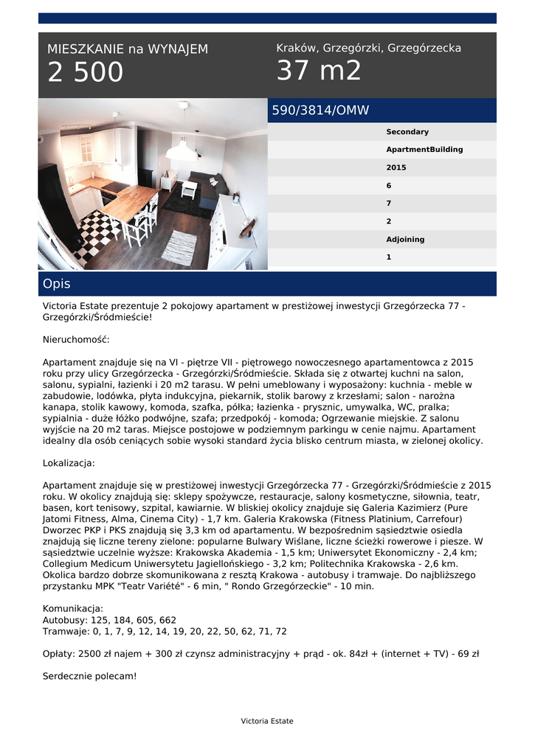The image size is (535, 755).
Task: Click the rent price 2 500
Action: [86, 73]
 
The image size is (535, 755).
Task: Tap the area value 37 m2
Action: [319, 71]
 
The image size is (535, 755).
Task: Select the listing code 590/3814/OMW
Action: [320, 111]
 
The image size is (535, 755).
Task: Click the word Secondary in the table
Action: [407, 132]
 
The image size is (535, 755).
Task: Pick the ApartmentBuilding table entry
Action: [424, 150]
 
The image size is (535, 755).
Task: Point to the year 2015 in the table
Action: [396, 167]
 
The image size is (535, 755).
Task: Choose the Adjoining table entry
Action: [405, 240]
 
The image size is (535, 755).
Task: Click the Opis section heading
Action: [57, 284]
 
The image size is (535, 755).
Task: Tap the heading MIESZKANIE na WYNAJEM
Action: [128, 49]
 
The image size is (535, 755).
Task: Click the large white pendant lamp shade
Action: [182, 151]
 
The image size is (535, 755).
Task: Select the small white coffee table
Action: [189, 188]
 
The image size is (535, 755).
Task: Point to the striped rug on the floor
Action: [179, 246]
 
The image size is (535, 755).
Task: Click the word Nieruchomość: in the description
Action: [76, 340]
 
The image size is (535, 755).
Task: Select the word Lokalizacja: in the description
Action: [69, 464]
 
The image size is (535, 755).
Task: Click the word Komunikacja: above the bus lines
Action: [72, 608]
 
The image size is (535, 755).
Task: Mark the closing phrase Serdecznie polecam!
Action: [89, 675]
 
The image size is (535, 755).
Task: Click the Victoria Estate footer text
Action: [267, 721]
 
